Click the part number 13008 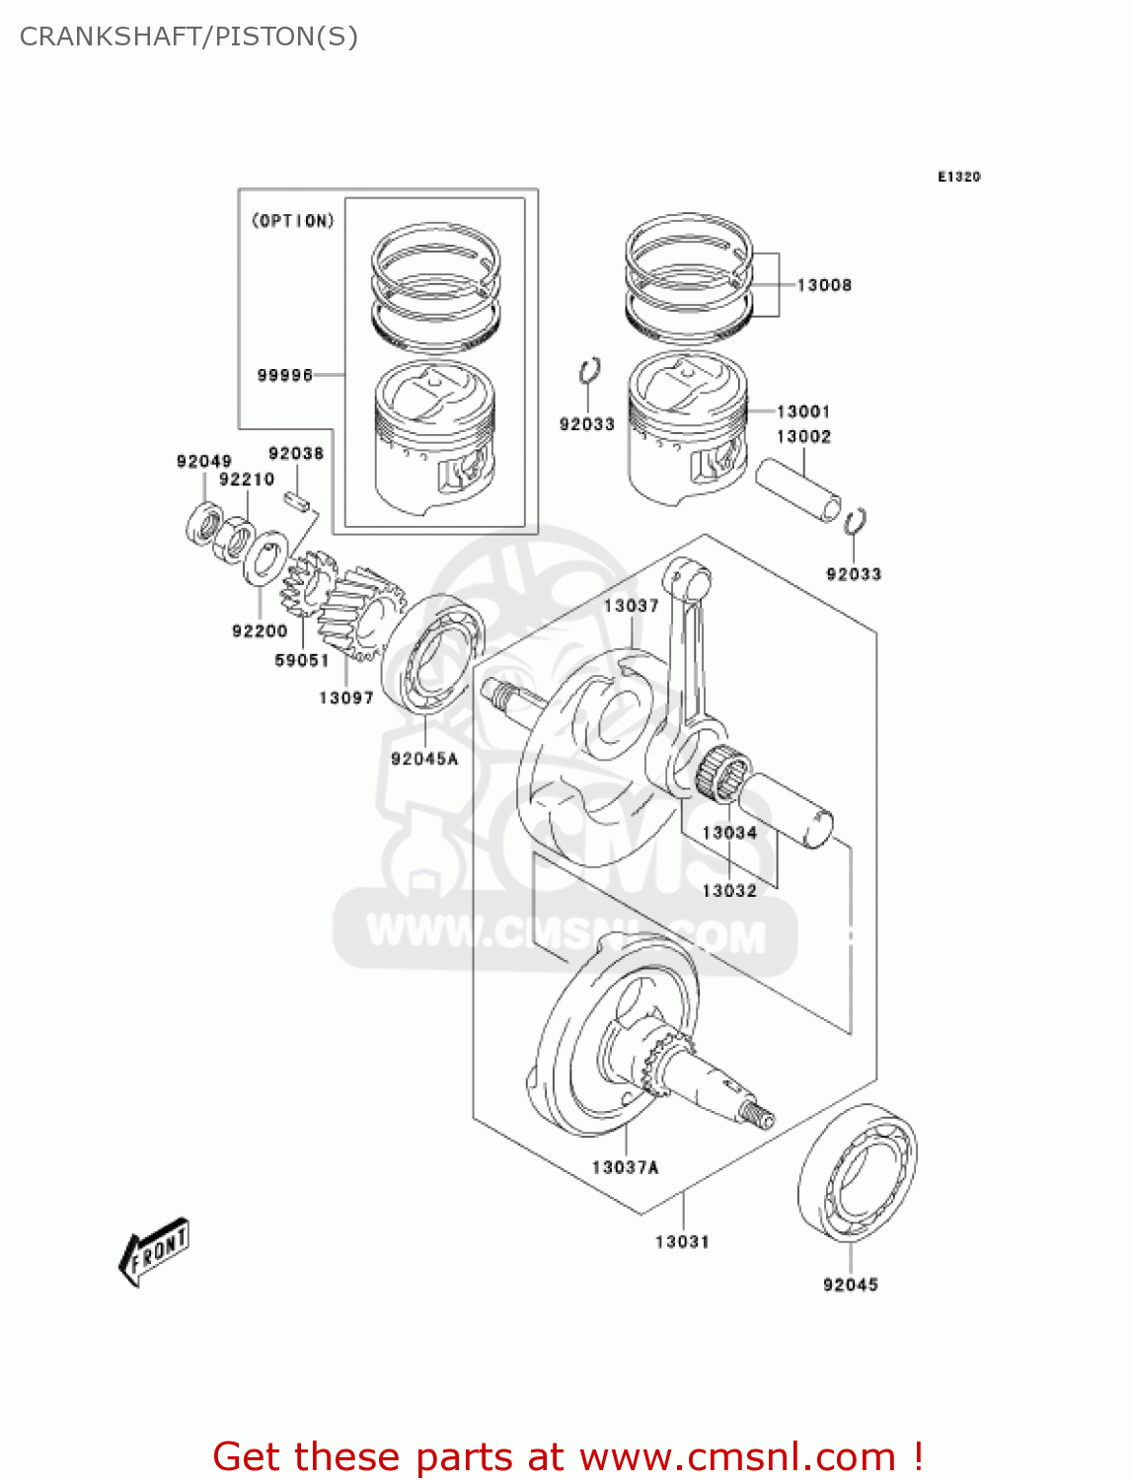click(x=823, y=285)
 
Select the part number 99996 click(x=284, y=375)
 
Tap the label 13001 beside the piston click(x=802, y=411)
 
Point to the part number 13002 click(x=802, y=436)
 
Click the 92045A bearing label click(x=424, y=759)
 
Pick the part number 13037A click(x=625, y=1167)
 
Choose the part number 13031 click(x=682, y=1241)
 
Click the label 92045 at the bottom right click(x=850, y=1285)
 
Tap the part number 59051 click(x=301, y=660)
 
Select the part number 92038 click(x=296, y=453)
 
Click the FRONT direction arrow click(x=154, y=1252)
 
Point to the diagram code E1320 click(x=958, y=177)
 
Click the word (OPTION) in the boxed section click(x=293, y=221)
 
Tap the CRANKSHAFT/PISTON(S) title click(x=189, y=37)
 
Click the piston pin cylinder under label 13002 click(x=798, y=488)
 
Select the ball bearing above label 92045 click(x=857, y=1171)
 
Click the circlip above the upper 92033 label click(x=590, y=370)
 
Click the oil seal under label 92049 click(x=204, y=522)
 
